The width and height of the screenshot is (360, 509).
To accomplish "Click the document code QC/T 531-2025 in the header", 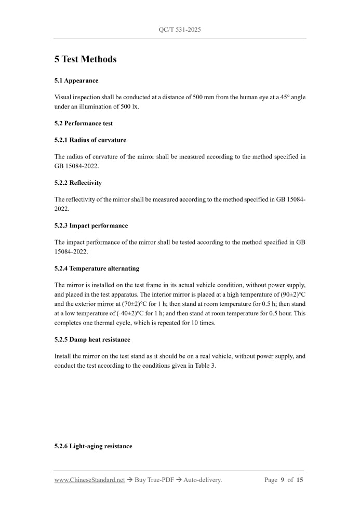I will pos(180,30).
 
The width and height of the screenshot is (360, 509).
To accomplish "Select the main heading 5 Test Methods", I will pos(85,59).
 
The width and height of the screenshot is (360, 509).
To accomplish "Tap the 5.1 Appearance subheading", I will pos(76,81).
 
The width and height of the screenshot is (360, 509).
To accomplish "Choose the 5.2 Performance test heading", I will pos(83,124).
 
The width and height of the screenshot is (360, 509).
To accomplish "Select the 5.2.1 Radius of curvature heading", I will pos(90,140).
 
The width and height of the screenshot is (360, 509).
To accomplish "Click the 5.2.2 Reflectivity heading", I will pos(78,183).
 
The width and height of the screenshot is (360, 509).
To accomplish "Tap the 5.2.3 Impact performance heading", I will pos(91,225).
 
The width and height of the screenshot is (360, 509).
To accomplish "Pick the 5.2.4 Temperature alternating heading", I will pos(97,269).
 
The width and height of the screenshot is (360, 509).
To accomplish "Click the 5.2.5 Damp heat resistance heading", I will pos(92,339).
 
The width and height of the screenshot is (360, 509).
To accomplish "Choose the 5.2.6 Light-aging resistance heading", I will pos(93,446).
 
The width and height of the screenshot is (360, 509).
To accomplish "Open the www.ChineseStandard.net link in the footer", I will pos(89,480).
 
